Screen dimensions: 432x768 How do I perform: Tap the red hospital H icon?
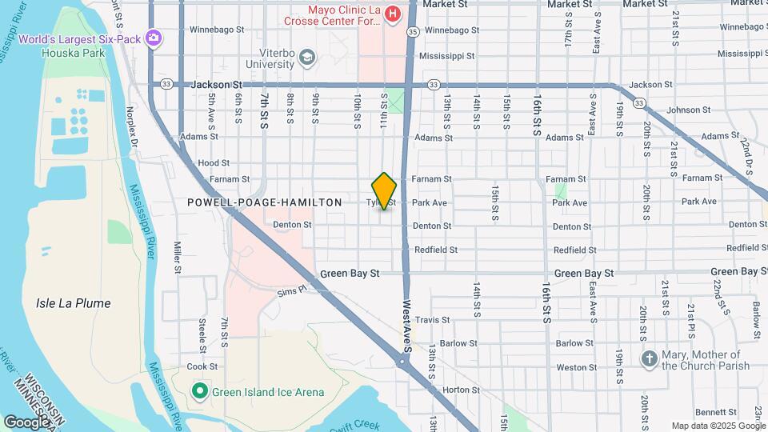tap(392, 14)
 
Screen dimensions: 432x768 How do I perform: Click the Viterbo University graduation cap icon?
tap(307, 57)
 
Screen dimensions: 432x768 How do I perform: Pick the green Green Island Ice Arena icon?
tap(200, 391)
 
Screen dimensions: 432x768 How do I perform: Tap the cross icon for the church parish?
tap(649, 359)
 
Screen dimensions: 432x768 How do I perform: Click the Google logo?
tap(26, 422)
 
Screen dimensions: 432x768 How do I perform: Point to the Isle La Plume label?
tap(73, 303)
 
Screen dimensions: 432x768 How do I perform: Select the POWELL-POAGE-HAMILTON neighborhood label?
tap(265, 203)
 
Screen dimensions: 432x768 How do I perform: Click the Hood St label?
tap(214, 162)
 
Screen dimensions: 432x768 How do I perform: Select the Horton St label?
tap(460, 390)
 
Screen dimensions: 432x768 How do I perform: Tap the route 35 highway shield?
tap(412, 32)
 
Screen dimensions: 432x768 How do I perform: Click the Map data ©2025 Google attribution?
tap(717, 426)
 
